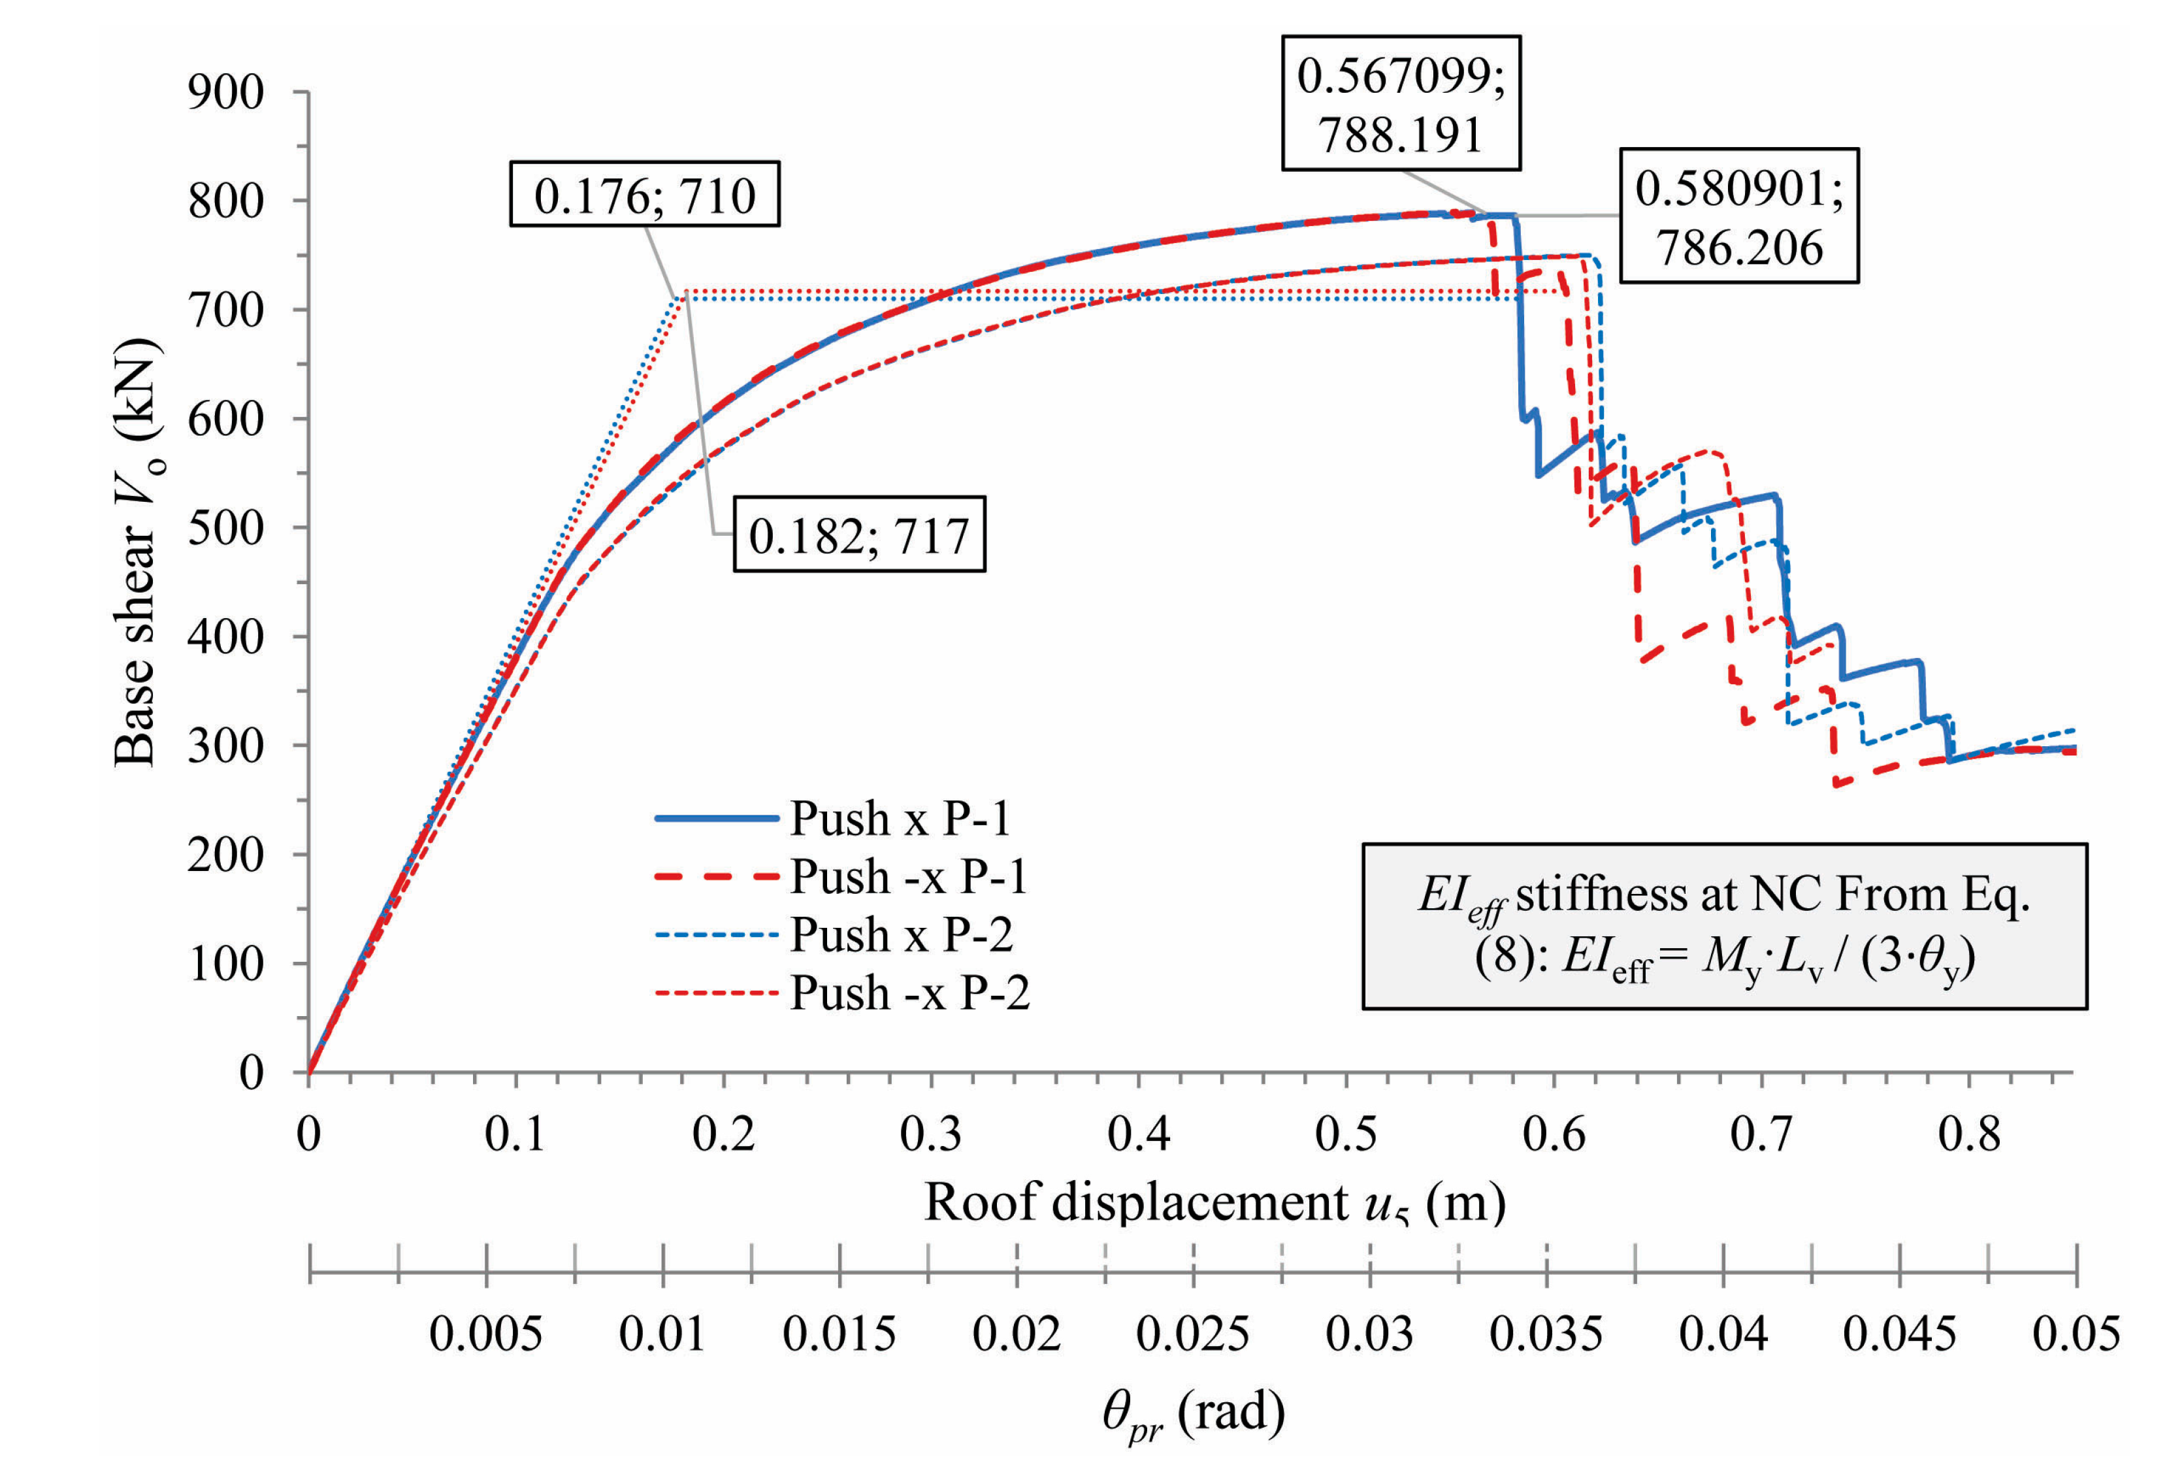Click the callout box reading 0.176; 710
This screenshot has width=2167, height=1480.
pyautogui.click(x=644, y=195)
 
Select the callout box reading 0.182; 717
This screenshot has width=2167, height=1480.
pyautogui.click(x=859, y=534)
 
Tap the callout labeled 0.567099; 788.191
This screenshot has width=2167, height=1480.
pyautogui.click(x=1401, y=103)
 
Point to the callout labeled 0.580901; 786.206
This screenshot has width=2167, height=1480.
pyautogui.click(x=1738, y=216)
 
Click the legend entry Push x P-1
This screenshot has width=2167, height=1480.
pyautogui.click(x=899, y=818)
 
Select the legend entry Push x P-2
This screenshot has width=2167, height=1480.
pyautogui.click(x=901, y=934)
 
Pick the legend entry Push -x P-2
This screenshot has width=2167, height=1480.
pyautogui.click(x=909, y=991)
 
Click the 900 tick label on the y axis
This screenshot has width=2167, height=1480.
pyautogui.click(x=225, y=92)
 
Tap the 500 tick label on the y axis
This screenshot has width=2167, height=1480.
pyautogui.click(x=225, y=528)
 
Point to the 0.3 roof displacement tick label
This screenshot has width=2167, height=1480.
pyautogui.click(x=930, y=1134)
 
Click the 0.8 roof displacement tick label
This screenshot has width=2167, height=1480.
pyautogui.click(x=1968, y=1134)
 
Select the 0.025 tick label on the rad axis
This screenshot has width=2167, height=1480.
pyautogui.click(x=1192, y=1334)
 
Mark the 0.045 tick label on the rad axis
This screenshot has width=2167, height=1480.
pyautogui.click(x=1899, y=1334)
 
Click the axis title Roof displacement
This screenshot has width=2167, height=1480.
pyautogui.click(x=1214, y=1202)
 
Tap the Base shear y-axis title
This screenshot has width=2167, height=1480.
pyautogui.click(x=138, y=552)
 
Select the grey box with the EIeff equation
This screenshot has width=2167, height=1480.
pyautogui.click(x=1723, y=926)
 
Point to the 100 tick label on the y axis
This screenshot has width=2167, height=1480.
pyautogui.click(x=225, y=963)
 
